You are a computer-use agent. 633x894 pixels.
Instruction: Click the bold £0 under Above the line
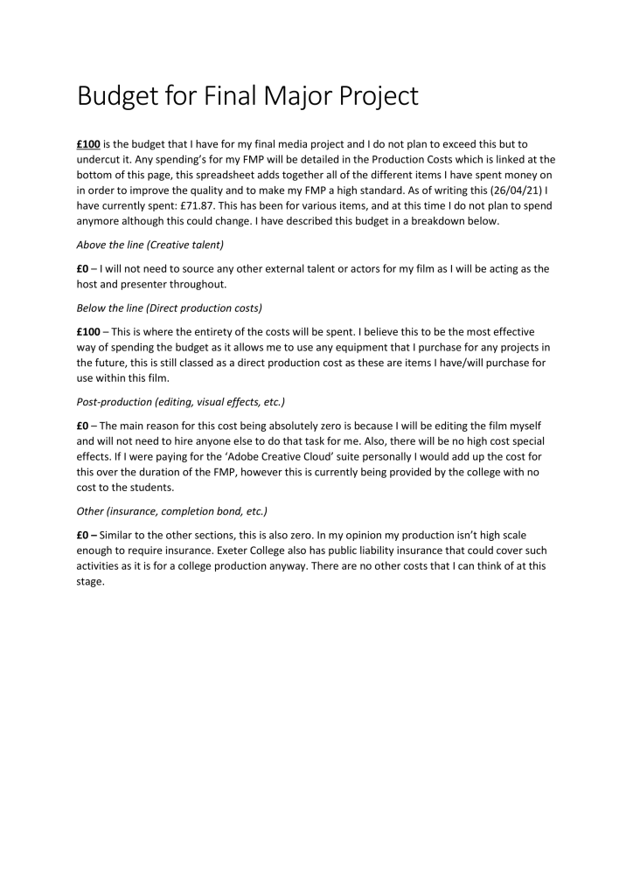tap(83, 269)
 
